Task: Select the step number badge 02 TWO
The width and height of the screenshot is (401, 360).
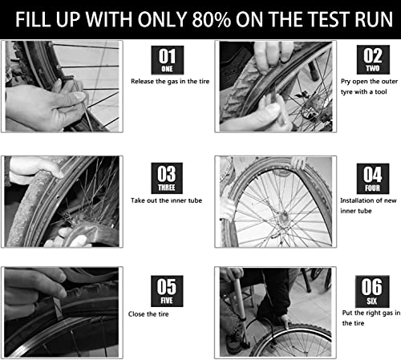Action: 371,59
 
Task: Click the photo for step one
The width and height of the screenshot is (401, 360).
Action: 61,87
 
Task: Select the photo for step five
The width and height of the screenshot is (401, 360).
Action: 61,311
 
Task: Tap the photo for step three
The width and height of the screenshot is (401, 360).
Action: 61,200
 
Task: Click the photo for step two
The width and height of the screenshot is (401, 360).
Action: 273,87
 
